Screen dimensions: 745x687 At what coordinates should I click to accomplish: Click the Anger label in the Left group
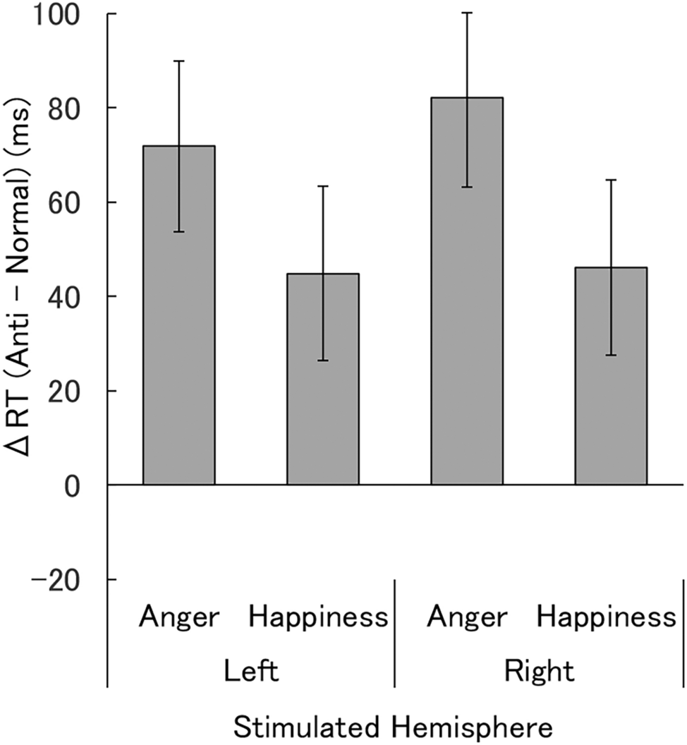pos(179,618)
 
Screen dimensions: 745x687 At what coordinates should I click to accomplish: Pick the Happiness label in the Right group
pos(606,618)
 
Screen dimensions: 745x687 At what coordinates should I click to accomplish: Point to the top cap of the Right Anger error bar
pos(467,13)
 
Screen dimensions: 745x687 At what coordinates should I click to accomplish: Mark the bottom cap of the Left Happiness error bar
pos(323,361)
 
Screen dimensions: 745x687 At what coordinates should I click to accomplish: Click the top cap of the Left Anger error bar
pos(179,61)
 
